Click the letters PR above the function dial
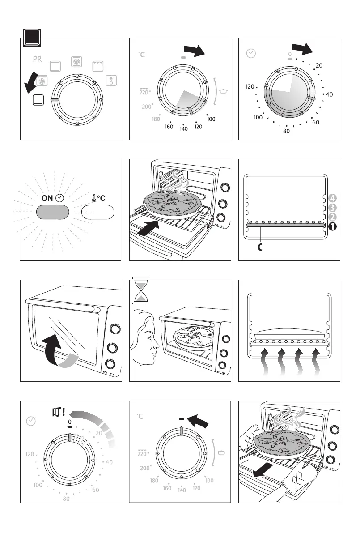(x=37, y=59)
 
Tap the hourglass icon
(x=141, y=290)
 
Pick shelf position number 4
(x=332, y=197)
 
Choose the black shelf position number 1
(x=332, y=226)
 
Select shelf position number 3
(x=332, y=207)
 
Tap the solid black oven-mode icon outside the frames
(x=32, y=38)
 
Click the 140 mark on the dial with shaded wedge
(x=183, y=128)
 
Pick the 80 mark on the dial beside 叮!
(x=66, y=499)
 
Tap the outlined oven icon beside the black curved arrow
(x=39, y=100)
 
